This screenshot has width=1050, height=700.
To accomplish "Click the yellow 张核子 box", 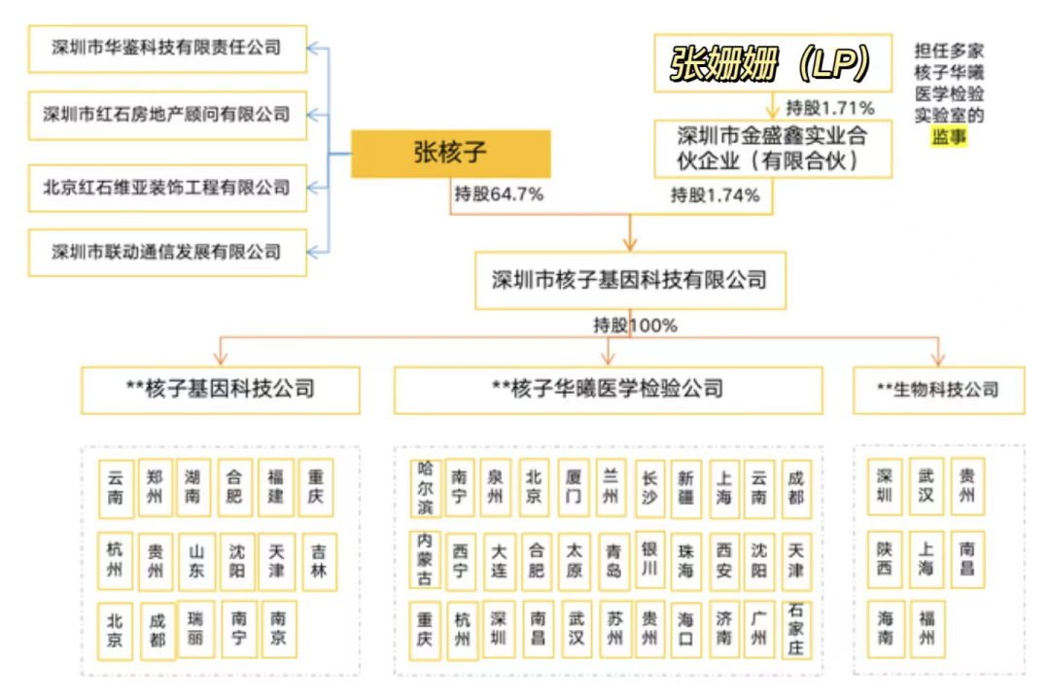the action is pyautogui.click(x=450, y=154).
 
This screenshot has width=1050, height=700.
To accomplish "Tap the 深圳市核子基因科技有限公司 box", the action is pyautogui.click(x=629, y=281).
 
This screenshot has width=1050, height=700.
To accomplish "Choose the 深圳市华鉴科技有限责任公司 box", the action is pyautogui.click(x=166, y=47).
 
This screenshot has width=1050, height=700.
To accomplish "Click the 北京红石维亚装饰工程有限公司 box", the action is pyautogui.click(x=166, y=185).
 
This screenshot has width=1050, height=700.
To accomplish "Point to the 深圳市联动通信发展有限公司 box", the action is pyautogui.click(x=166, y=252).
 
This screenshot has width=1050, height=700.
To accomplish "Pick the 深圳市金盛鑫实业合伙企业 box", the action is pyautogui.click(x=772, y=148).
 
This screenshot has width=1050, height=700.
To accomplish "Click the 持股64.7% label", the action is pyautogui.click(x=499, y=194).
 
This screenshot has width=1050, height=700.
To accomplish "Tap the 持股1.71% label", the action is pyautogui.click(x=829, y=107).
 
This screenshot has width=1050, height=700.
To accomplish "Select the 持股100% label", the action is pyautogui.click(x=635, y=326).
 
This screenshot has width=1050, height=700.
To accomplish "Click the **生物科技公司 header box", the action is pyautogui.click(x=937, y=390).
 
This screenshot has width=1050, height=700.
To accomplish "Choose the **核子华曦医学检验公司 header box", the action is pyautogui.click(x=608, y=390).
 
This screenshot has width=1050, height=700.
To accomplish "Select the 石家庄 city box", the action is pyautogui.click(x=796, y=630).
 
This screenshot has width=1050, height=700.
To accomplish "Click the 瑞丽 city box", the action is pyautogui.click(x=196, y=629).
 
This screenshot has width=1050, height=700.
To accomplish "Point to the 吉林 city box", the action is pyautogui.click(x=318, y=561).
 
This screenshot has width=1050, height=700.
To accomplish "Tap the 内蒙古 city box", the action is pyautogui.click(x=426, y=559).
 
